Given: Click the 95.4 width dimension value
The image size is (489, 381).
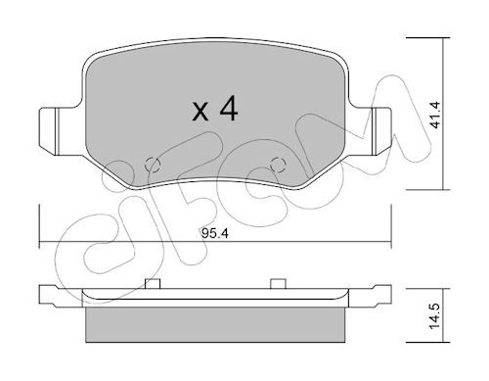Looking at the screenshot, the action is click(x=215, y=233).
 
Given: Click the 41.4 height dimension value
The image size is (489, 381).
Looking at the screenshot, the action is click(x=434, y=115).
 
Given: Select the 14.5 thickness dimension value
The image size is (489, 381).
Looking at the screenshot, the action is click(x=434, y=316).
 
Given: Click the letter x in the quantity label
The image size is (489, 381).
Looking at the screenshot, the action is click(x=200, y=111).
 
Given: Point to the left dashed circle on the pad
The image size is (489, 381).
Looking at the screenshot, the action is click(x=152, y=165).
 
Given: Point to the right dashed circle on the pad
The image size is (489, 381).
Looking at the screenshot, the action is click(x=279, y=164).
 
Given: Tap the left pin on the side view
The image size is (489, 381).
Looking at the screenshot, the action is click(x=153, y=284).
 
